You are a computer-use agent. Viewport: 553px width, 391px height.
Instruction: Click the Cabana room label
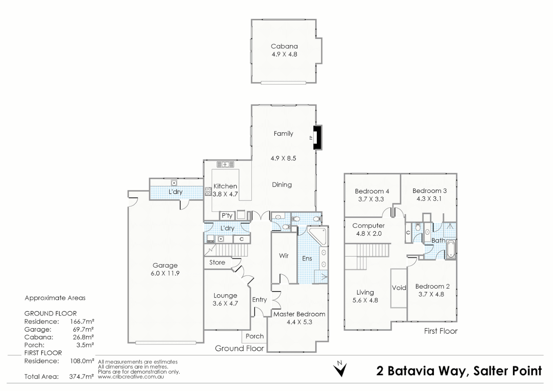coord(284,46)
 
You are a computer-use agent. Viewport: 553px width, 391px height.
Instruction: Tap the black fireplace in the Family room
coord(317,137)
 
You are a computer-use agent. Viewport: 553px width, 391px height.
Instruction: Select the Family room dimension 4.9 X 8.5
coord(283,158)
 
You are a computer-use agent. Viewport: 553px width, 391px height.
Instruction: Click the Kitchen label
coord(225,186)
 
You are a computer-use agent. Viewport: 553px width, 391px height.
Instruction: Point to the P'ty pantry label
coord(227,216)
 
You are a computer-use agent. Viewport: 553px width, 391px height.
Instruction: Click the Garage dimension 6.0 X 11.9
coord(165,273)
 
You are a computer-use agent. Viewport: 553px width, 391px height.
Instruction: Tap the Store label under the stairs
coord(217,262)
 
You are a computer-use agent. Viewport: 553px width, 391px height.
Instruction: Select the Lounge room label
coord(225,296)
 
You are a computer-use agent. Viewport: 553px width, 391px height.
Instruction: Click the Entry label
coord(259,300)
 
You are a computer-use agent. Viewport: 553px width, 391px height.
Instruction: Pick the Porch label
coord(255,336)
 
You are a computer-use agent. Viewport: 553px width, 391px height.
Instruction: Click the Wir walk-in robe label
coord(284,256)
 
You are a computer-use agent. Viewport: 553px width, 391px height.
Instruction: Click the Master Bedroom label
coord(299,314)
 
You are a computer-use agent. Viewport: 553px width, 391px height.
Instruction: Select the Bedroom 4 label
coord(372,191)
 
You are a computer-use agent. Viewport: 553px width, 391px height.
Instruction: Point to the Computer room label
coord(369,226)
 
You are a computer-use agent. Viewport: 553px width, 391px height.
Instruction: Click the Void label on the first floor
coord(399,288)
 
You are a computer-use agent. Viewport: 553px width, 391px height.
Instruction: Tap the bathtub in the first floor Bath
coord(451,249)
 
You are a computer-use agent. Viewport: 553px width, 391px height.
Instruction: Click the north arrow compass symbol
coord(340,369)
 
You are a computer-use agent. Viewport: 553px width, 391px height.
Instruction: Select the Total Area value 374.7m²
coord(81,377)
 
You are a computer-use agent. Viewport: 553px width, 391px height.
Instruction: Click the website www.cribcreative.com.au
coord(131,377)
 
